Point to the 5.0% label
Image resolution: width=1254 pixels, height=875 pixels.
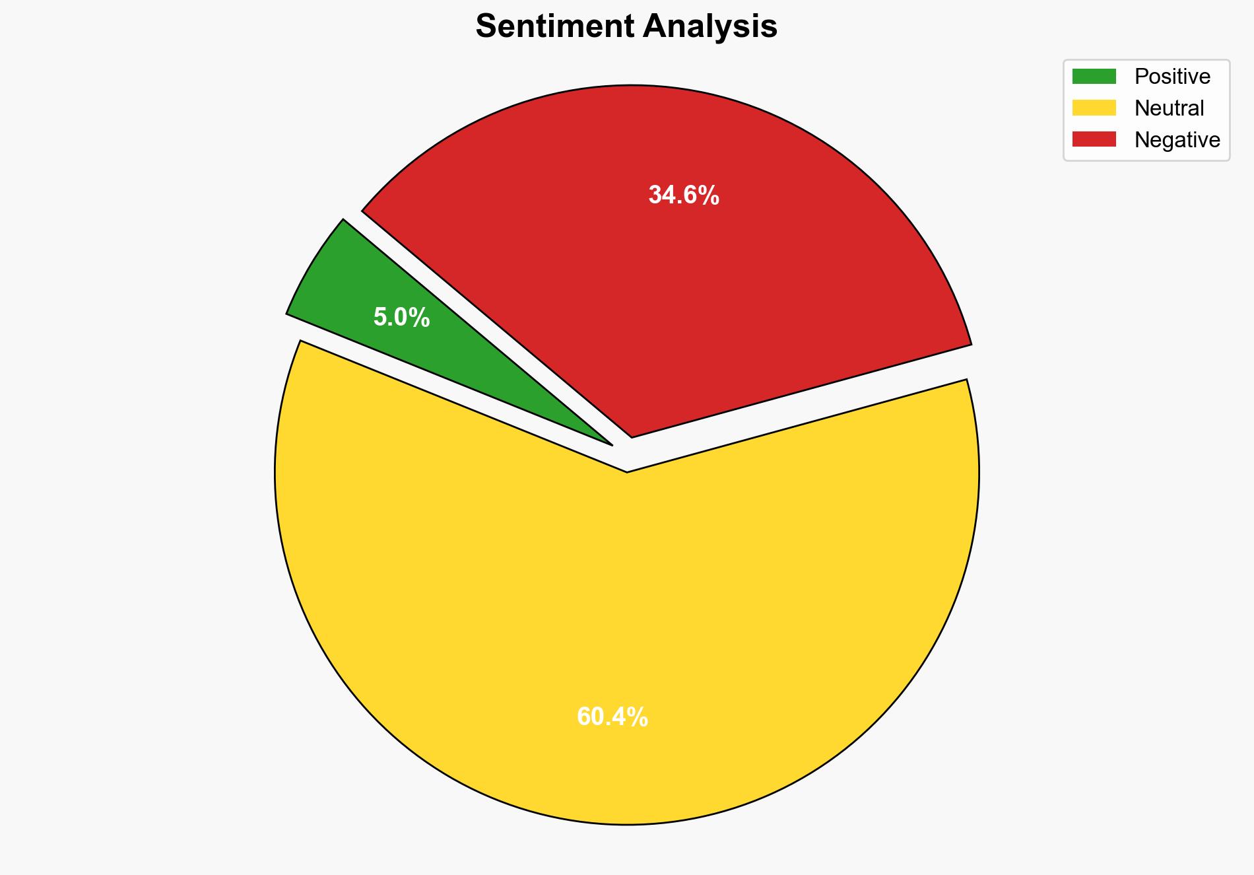(x=401, y=318)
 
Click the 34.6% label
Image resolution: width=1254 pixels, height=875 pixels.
(x=683, y=195)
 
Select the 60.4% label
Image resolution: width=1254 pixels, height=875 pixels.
(x=612, y=717)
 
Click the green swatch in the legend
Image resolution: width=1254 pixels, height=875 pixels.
(x=1094, y=77)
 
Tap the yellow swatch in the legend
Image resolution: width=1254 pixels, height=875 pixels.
(x=1094, y=108)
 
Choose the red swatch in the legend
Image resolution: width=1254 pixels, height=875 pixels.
(x=1094, y=139)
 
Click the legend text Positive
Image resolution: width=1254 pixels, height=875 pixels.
(x=1172, y=77)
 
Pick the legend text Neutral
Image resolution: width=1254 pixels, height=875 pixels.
(x=1169, y=108)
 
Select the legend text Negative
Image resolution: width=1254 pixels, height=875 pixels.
(x=1177, y=140)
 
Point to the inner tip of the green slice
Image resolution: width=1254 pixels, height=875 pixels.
(x=611, y=444)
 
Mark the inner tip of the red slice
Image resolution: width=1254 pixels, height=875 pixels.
(x=632, y=435)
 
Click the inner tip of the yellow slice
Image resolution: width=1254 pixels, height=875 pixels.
(x=627, y=471)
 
